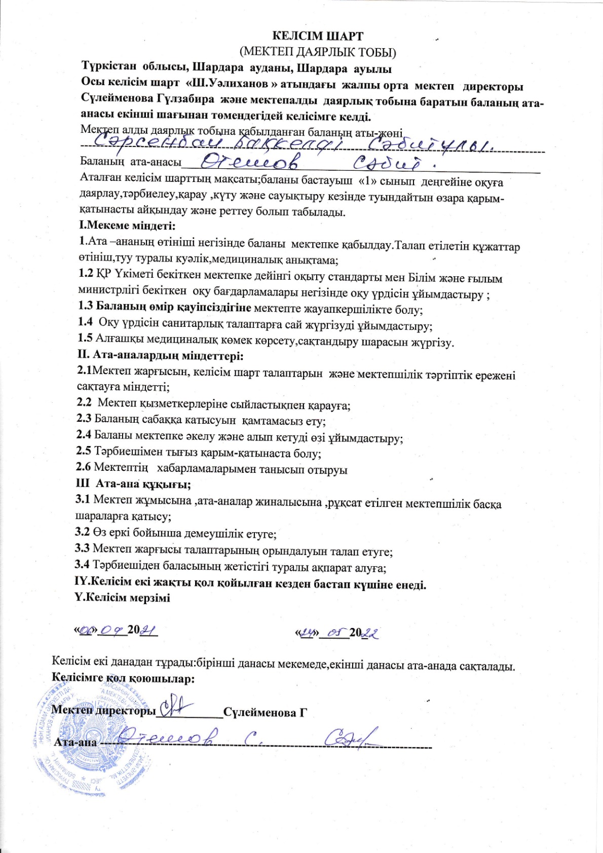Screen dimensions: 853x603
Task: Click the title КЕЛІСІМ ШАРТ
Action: point(318,36)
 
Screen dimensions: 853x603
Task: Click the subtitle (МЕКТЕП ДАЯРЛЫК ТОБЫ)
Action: point(318,52)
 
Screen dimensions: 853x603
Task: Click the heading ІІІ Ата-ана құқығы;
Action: point(133,484)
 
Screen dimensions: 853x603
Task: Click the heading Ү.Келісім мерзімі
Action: point(123,597)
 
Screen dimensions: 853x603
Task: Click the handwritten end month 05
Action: point(336,632)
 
